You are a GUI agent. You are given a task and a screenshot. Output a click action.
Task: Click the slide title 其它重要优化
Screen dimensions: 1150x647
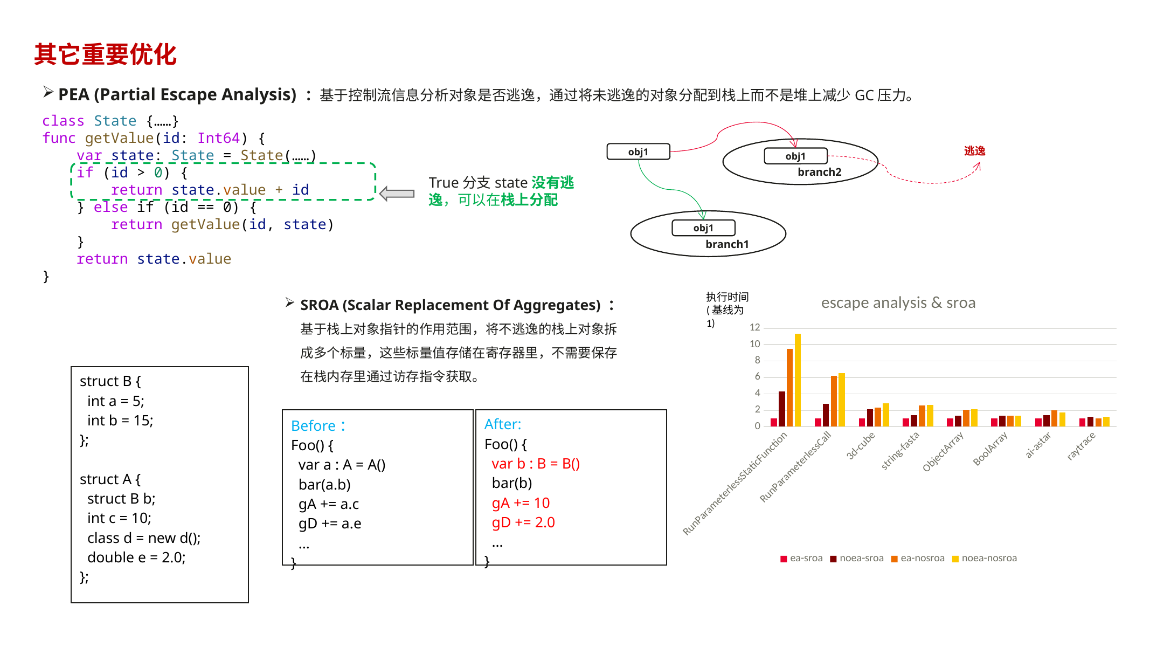tap(106, 54)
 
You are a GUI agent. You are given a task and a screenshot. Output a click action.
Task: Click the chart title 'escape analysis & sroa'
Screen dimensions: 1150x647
tap(898, 303)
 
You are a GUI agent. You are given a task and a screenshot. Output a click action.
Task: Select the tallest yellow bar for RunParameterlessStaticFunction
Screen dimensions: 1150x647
tap(798, 380)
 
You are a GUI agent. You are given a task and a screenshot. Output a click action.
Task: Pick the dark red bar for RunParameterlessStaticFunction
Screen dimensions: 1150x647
tap(782, 409)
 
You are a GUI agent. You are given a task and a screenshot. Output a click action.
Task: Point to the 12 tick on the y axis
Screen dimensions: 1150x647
tap(754, 327)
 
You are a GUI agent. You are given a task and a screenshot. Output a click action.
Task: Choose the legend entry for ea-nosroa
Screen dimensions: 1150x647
tap(918, 558)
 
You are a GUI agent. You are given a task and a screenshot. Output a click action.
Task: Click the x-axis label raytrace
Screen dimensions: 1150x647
tap(1081, 446)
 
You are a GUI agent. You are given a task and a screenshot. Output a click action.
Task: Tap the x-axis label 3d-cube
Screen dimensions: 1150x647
tap(861, 445)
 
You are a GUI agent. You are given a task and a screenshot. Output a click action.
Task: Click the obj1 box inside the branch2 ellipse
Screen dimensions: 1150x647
tap(795, 156)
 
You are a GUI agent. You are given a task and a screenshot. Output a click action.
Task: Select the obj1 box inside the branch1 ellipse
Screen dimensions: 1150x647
tap(703, 228)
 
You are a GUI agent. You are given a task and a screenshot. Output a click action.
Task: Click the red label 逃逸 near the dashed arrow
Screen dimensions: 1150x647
tap(974, 151)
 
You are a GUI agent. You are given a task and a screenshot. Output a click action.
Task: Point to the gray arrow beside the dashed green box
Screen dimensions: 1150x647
tap(397, 194)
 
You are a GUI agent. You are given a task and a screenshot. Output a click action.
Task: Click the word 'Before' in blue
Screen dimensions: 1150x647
tap(313, 426)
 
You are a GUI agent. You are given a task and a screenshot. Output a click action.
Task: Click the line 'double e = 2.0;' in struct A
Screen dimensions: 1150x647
tap(136, 557)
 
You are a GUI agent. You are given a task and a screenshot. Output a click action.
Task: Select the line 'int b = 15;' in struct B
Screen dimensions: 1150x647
tap(120, 421)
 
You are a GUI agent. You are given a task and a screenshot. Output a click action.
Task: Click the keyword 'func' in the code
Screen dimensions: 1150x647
tap(59, 138)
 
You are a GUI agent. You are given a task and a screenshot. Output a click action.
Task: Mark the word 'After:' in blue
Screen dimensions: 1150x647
tap(503, 424)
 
